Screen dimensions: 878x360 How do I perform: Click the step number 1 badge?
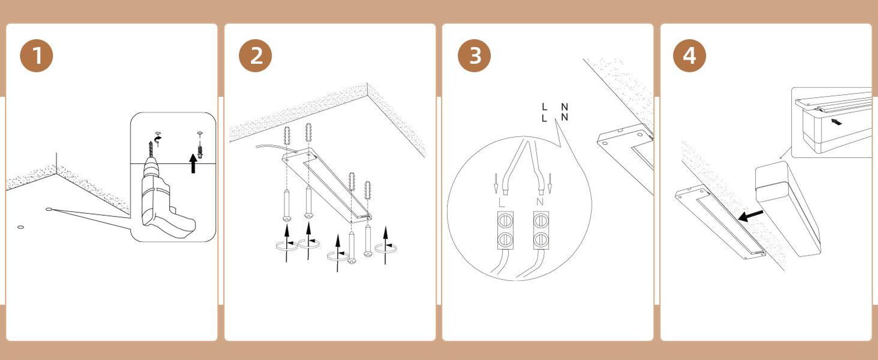tap(36, 56)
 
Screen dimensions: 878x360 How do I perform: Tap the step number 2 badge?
tap(255, 56)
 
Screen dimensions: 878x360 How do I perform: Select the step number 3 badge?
tap(474, 56)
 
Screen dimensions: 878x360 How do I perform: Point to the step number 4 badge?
tap(690, 56)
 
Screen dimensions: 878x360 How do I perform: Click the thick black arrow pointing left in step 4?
tap(751, 215)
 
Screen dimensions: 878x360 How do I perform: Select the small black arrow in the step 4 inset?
tap(837, 122)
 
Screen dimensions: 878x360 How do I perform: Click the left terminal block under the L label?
tap(505, 230)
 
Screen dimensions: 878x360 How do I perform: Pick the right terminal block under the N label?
tap(541, 230)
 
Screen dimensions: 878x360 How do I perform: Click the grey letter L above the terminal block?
tap(502, 203)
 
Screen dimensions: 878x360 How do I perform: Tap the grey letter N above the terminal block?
tap(540, 202)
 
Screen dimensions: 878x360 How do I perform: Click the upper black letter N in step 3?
tap(565, 107)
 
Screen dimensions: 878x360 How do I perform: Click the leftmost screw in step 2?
tap(287, 205)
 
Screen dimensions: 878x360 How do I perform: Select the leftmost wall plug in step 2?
tap(287, 136)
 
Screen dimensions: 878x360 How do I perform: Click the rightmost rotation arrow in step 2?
tap(385, 248)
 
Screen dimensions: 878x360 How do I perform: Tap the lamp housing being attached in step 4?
tap(788, 209)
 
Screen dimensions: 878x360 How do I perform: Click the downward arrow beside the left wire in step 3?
tap(496, 184)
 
